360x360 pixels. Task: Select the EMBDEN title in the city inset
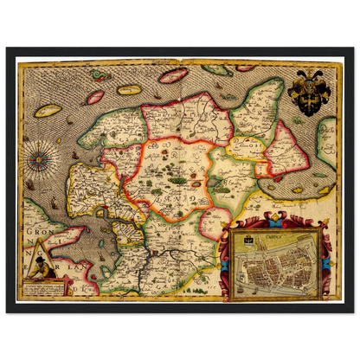(x=275, y=233)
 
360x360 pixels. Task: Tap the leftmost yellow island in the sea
(x=49, y=111)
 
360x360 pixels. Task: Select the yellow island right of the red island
(x=129, y=88)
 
